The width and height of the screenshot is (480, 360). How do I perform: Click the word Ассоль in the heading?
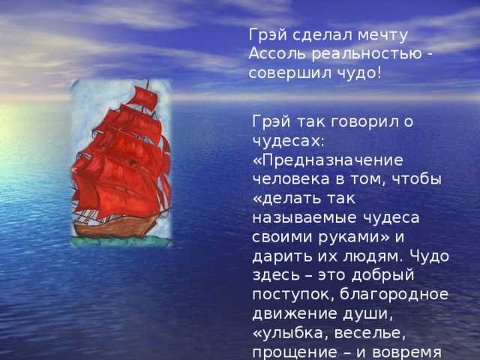click(277, 54)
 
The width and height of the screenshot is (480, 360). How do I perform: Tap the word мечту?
click(382, 36)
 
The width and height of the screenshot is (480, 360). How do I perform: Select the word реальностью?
click(367, 55)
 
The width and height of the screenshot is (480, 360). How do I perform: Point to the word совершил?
click(290, 73)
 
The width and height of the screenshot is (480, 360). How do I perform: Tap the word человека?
click(291, 179)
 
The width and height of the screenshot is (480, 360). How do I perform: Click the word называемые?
click(304, 218)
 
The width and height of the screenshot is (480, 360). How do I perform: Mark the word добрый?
click(382, 275)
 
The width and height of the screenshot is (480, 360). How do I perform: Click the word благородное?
click(394, 295)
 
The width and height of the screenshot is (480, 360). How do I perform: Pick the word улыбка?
click(295, 333)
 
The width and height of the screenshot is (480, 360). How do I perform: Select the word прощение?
click(295, 352)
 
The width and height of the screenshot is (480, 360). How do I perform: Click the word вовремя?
click(406, 352)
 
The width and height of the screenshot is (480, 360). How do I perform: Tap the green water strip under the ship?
click(121, 241)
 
